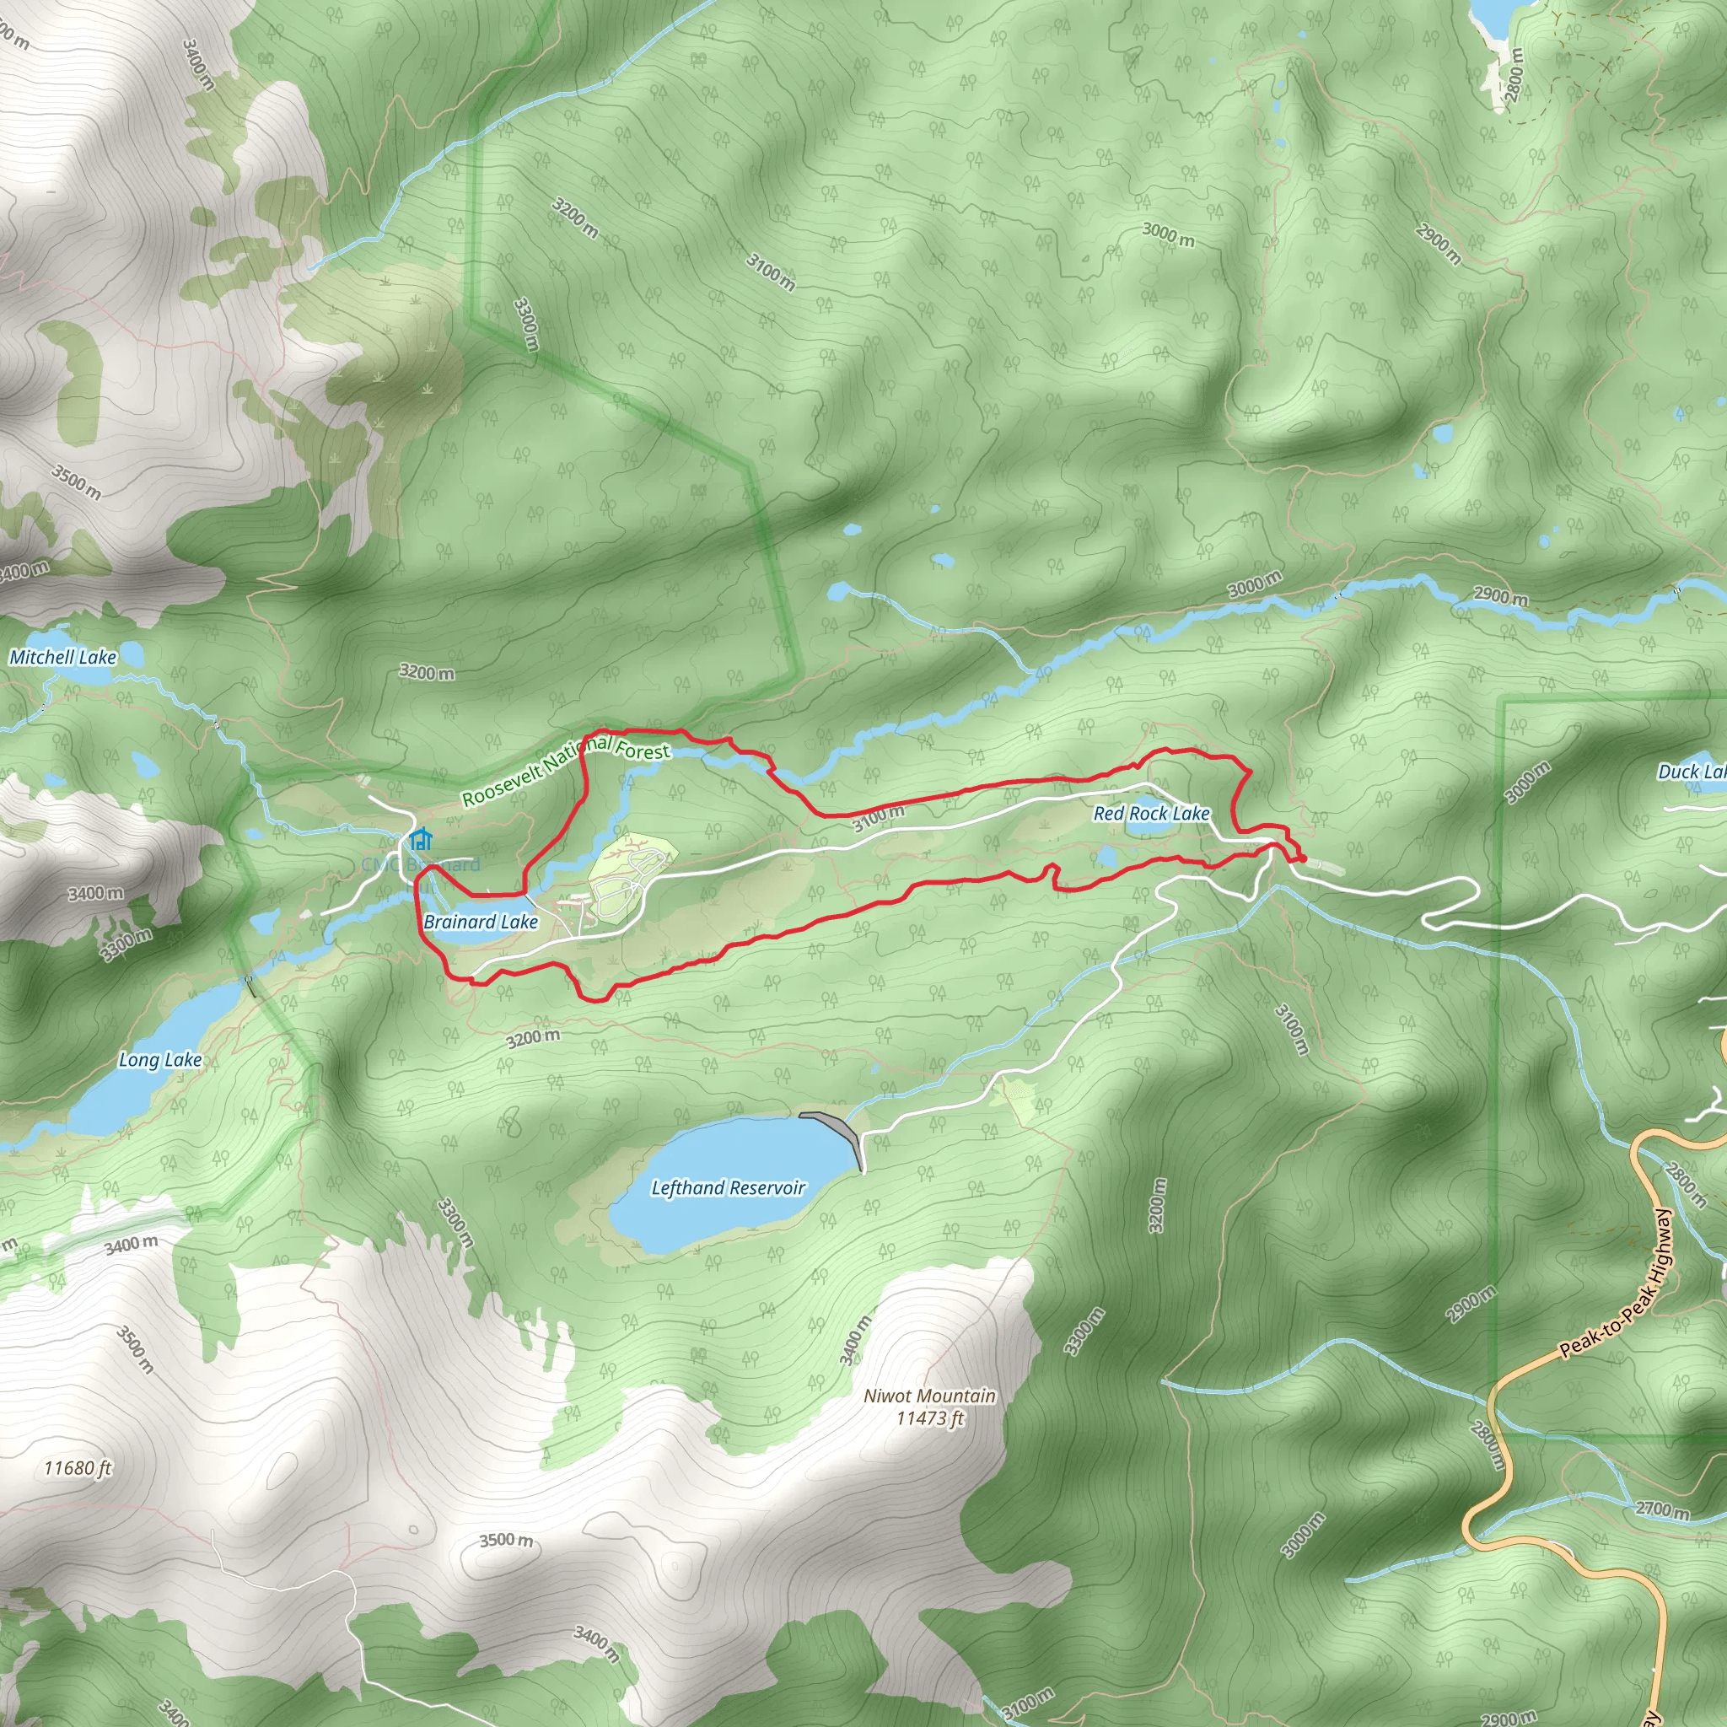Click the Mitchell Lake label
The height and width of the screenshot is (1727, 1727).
tap(62, 657)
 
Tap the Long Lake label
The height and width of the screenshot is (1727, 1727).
tap(160, 1060)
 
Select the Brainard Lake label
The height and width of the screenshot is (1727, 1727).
tap(481, 922)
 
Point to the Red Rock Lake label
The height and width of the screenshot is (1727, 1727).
tap(1151, 814)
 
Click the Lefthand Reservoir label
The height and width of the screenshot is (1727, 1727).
tap(728, 1188)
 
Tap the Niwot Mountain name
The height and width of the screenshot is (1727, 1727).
tap(929, 1396)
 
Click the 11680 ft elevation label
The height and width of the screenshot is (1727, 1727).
tap(78, 1468)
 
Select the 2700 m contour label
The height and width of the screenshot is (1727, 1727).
tap(1663, 1509)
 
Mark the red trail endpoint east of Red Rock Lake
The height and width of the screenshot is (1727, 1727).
tap(1301, 859)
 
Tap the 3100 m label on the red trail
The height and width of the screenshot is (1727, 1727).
tap(878, 818)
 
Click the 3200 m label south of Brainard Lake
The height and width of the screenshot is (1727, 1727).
tap(533, 1038)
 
